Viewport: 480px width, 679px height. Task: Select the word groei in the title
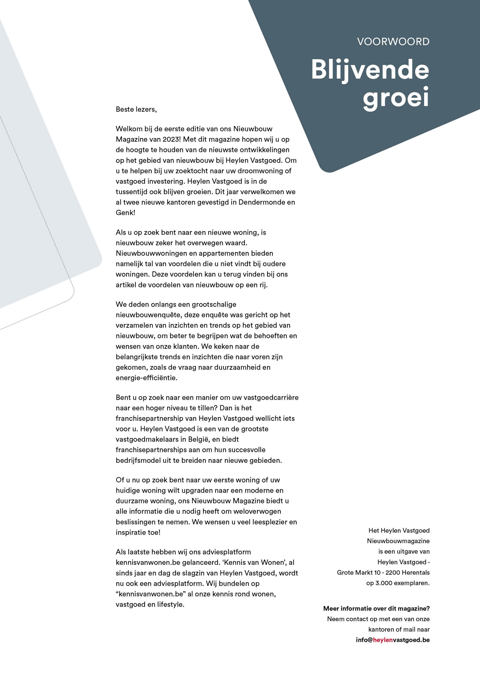(396, 97)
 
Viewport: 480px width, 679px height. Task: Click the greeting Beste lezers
(136, 109)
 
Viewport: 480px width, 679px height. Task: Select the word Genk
(125, 213)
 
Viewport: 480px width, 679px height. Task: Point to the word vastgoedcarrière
(271, 398)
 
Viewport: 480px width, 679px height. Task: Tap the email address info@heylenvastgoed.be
(393, 640)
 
